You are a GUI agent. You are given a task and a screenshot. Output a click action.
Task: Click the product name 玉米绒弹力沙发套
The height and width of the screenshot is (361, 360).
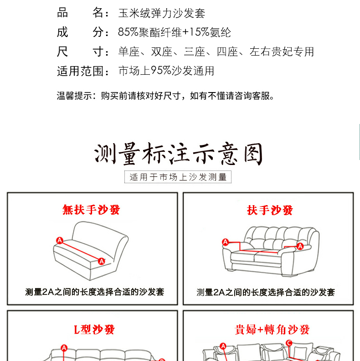pyautogui.click(x=162, y=13)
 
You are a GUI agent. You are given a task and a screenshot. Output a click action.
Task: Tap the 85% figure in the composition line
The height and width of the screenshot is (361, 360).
pyautogui.click(x=128, y=32)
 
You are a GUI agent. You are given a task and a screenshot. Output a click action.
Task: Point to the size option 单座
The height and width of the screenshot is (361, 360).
pyautogui.click(x=129, y=52)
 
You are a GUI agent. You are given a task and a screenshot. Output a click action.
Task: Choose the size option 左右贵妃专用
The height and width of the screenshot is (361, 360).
pyautogui.click(x=282, y=52)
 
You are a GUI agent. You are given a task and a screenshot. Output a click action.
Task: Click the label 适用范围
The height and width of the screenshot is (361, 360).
pyautogui.click(x=80, y=71)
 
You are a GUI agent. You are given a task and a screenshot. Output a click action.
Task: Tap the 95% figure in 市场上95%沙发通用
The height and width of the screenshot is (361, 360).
pyautogui.click(x=161, y=71)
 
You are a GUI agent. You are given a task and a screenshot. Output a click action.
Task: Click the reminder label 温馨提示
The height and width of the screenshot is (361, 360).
pyautogui.click(x=74, y=96)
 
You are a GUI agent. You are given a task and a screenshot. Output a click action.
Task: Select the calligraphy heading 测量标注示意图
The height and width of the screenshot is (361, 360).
pyautogui.click(x=178, y=154)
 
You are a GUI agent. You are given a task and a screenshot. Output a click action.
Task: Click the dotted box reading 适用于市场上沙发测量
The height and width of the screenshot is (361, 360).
pyautogui.click(x=178, y=177)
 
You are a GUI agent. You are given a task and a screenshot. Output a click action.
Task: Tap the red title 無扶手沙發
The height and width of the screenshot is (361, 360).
pyautogui.click(x=91, y=210)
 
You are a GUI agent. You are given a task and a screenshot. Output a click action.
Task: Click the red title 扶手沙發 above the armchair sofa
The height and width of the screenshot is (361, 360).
pyautogui.click(x=270, y=210)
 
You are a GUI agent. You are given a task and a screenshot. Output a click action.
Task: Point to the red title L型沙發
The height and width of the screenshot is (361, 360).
pyautogui.click(x=94, y=330)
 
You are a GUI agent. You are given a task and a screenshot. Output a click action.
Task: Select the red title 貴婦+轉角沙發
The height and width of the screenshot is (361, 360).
pyautogui.click(x=272, y=330)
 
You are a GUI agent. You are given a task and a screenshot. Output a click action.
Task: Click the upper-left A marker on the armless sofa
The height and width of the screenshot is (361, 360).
pyautogui.click(x=60, y=241)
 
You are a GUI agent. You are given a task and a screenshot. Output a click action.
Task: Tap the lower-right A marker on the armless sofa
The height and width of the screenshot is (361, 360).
pyautogui.click(x=102, y=261)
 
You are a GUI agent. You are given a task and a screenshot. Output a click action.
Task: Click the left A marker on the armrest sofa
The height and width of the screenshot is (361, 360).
pyautogui.click(x=226, y=242)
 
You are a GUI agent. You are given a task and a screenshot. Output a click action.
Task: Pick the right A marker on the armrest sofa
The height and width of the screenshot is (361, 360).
pyautogui.click(x=300, y=246)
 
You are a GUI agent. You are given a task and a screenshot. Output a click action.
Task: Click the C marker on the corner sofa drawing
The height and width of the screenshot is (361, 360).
pyautogui.click(x=289, y=343)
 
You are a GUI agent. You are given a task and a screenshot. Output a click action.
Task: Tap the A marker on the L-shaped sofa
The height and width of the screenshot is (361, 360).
pyautogui.click(x=64, y=348)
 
